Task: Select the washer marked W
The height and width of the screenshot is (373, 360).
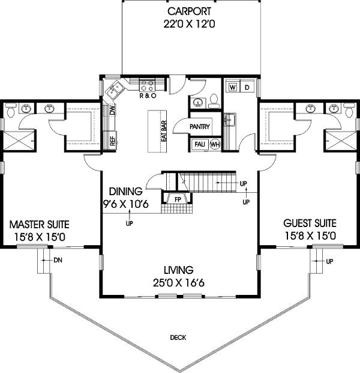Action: (x=232, y=87)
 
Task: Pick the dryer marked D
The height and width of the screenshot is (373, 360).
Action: (x=247, y=87)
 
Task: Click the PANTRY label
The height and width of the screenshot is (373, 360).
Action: (x=199, y=127)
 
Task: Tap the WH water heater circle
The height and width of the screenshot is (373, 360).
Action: (x=214, y=144)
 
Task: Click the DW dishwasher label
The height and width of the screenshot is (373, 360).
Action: (x=112, y=111)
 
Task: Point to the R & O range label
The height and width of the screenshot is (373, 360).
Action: (x=148, y=96)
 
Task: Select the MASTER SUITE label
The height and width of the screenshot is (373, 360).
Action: (x=40, y=225)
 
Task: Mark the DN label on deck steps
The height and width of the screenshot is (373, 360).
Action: (x=58, y=260)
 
